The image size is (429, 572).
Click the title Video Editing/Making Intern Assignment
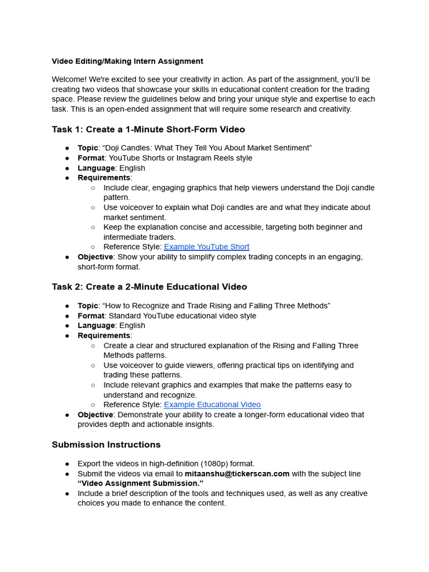point(127,61)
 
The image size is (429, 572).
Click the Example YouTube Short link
point(207,247)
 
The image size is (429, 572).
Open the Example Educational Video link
point(212,405)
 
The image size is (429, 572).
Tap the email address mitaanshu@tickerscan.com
point(237,474)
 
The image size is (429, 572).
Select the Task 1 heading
point(148,130)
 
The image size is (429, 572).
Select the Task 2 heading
point(149,287)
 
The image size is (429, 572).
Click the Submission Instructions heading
point(106,445)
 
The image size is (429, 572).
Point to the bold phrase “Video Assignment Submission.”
point(141,484)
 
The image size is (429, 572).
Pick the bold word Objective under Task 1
point(95,257)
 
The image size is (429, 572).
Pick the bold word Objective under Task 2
point(95,415)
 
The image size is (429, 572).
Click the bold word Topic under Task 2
point(88,306)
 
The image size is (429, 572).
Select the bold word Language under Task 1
point(96,168)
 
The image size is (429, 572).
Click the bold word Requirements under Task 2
point(103,336)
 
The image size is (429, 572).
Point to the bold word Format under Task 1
point(90,158)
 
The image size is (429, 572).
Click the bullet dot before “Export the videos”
point(67,464)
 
